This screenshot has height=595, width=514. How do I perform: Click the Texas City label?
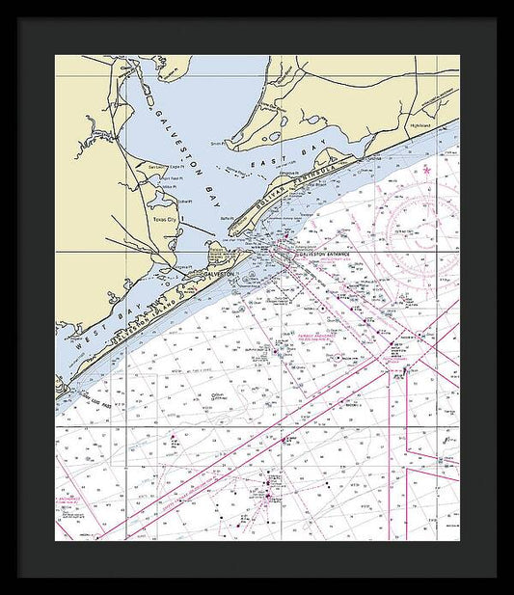(167, 220)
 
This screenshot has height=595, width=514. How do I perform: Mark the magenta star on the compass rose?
(427, 171)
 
